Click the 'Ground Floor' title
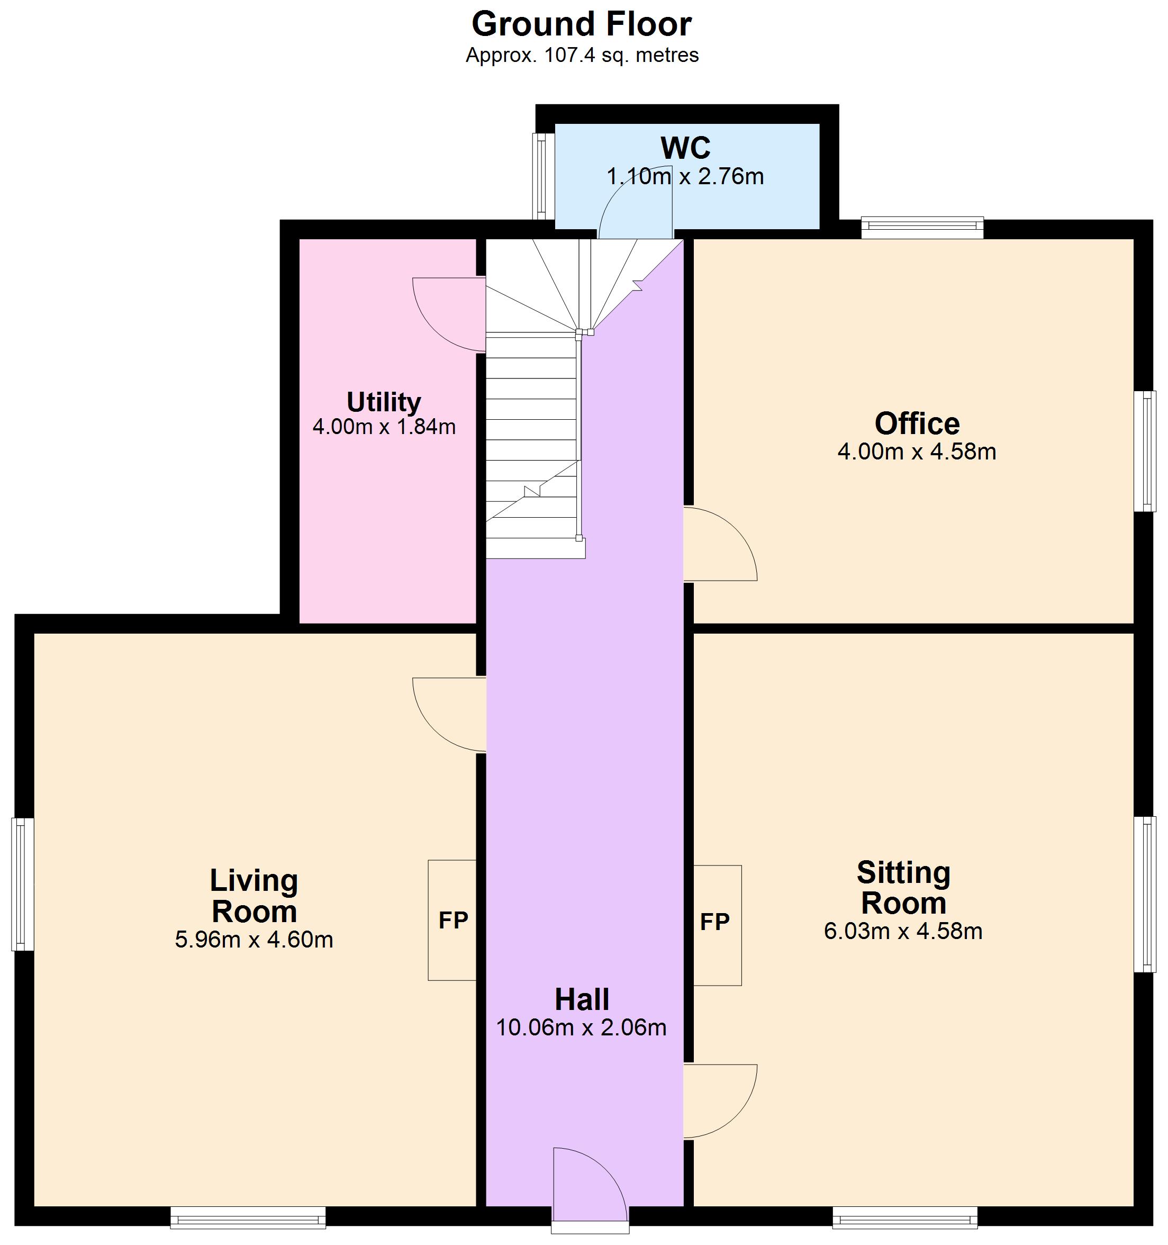point(581,25)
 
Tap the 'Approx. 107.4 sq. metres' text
point(582,56)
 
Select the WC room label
point(685,148)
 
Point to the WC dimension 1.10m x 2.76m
point(685,177)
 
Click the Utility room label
point(383,402)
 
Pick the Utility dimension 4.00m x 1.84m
point(384,427)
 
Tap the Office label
point(917,424)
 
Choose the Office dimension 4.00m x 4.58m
point(917,452)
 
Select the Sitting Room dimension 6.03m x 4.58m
point(903,931)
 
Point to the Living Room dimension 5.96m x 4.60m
point(253,940)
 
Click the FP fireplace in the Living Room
point(452,920)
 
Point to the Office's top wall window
point(922,227)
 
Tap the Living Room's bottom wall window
point(248,1218)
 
